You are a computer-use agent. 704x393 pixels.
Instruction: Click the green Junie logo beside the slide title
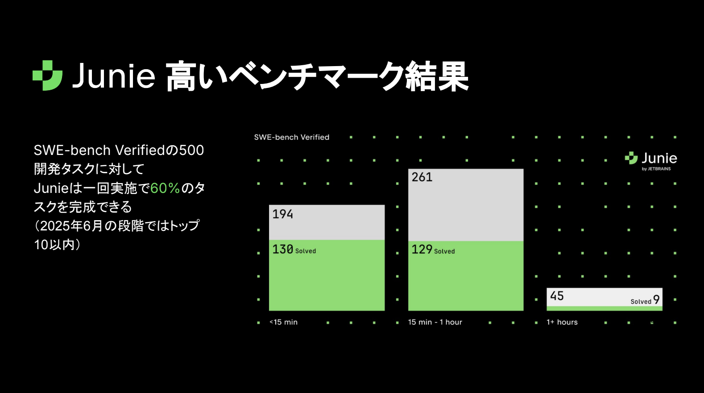(x=47, y=75)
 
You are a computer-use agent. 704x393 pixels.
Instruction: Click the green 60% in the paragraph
(x=165, y=188)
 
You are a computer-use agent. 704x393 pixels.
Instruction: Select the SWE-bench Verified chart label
(x=292, y=137)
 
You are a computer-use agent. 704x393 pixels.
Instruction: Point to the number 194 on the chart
(x=282, y=214)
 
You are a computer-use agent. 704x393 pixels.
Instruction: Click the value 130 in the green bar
(x=282, y=249)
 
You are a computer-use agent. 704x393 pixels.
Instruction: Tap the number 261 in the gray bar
(x=422, y=177)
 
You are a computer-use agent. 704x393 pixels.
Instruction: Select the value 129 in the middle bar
(x=422, y=249)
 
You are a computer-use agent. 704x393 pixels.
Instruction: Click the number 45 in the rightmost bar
(x=557, y=296)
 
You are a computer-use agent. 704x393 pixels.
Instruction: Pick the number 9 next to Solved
(x=656, y=300)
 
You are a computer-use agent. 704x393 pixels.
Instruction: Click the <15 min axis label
(x=283, y=322)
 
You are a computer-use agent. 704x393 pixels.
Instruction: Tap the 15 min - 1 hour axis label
(x=435, y=322)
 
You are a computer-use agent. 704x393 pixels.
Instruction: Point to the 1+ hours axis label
(x=562, y=322)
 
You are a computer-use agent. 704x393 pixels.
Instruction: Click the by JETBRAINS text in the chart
(x=656, y=169)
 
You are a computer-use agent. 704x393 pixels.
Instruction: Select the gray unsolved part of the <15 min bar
(x=327, y=222)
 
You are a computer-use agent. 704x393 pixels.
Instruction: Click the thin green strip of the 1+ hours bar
(x=605, y=308)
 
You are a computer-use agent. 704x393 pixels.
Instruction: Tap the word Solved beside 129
(x=444, y=251)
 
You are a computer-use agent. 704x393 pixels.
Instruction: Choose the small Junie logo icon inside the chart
(x=631, y=158)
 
